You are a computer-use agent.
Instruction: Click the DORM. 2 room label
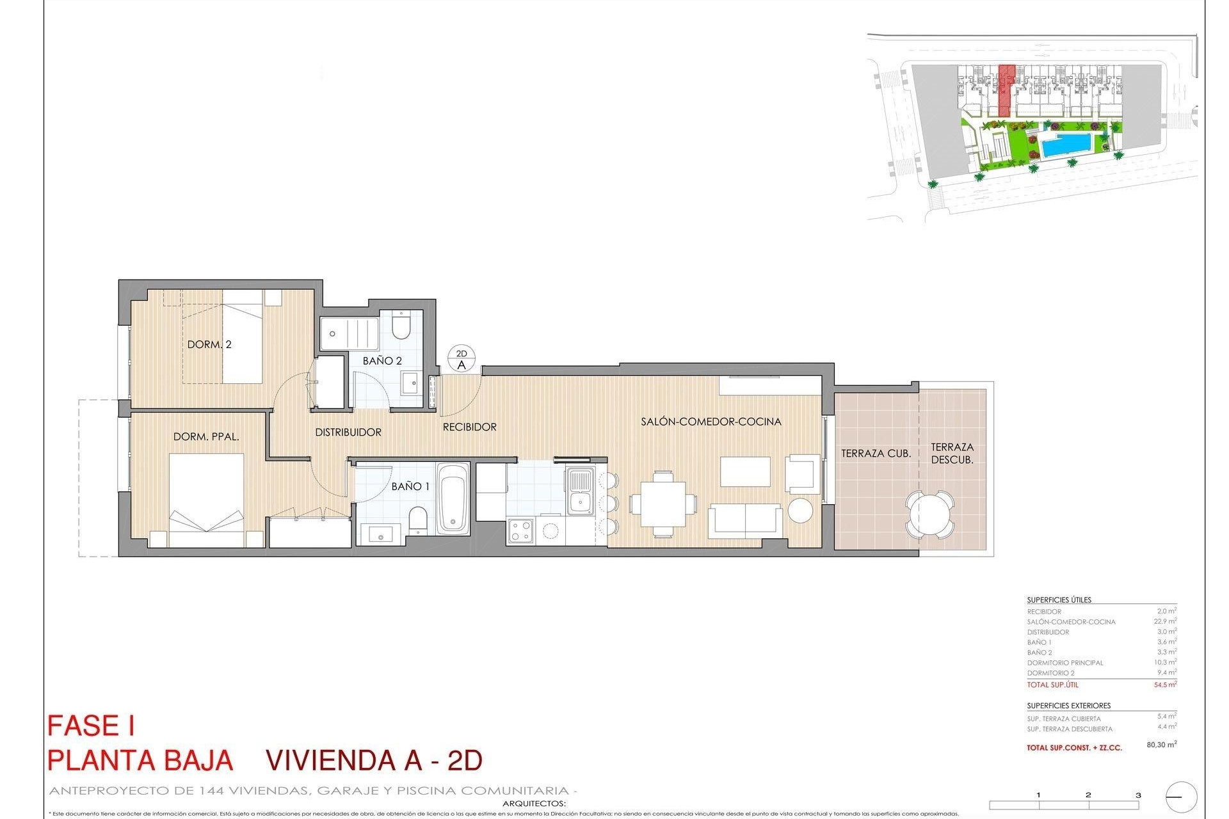(x=209, y=344)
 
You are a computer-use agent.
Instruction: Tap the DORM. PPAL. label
(x=206, y=437)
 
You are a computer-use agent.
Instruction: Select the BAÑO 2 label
(x=382, y=361)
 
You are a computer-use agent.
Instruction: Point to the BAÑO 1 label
(x=410, y=486)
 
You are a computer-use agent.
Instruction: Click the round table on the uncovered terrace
(x=930, y=514)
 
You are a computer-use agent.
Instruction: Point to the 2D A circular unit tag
(x=462, y=359)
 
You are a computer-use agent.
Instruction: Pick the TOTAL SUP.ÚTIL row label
(x=1052, y=685)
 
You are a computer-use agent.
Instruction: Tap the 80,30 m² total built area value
(x=1161, y=745)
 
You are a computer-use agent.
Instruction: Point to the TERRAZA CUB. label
(x=876, y=454)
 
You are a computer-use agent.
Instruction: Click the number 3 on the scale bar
(x=1138, y=795)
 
